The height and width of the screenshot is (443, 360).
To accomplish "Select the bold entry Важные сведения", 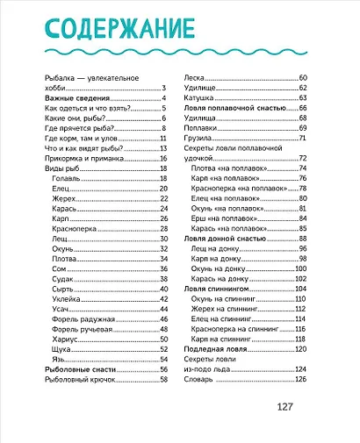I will click(x=76, y=98).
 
